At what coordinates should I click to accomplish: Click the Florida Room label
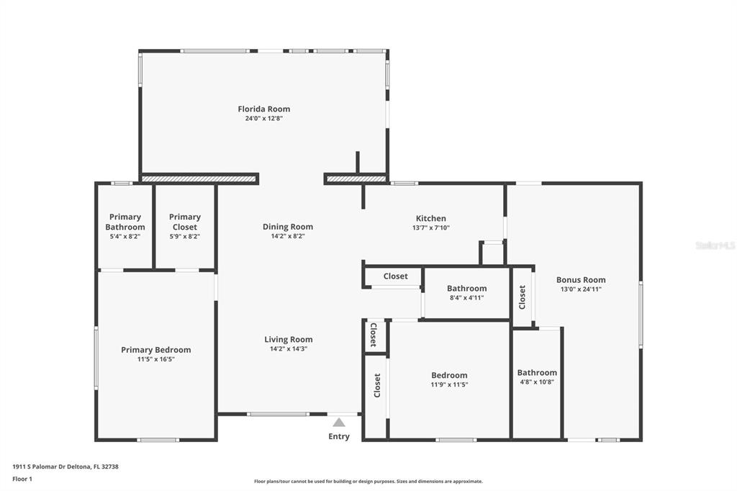(263, 109)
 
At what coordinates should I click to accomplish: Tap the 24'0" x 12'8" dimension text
(263, 119)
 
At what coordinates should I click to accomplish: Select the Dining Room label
(288, 227)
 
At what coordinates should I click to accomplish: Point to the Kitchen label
(431, 218)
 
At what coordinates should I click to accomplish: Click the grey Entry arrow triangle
(339, 422)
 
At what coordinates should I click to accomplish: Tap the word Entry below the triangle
(339, 436)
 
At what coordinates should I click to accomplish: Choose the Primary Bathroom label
(125, 222)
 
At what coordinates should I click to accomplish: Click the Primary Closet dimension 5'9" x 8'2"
(185, 237)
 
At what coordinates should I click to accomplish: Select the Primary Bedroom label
(156, 350)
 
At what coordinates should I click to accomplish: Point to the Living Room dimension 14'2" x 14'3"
(288, 349)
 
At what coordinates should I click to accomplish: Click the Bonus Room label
(581, 280)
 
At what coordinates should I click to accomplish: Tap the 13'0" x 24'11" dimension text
(581, 289)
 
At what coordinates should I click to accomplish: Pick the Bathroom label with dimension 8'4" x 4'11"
(466, 288)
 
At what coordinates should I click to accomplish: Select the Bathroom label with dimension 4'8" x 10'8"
(537, 372)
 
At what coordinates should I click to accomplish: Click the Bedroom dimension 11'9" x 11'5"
(449, 384)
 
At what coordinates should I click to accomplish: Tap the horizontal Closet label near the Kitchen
(395, 276)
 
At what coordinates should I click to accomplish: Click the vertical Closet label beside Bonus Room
(523, 297)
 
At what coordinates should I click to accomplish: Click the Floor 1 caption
(22, 479)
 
